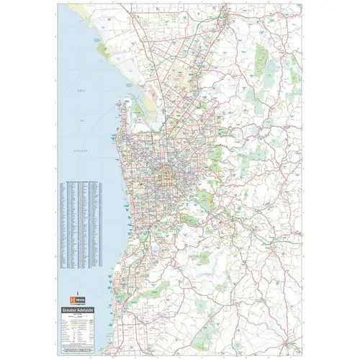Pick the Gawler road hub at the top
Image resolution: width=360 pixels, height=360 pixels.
click(224, 14)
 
